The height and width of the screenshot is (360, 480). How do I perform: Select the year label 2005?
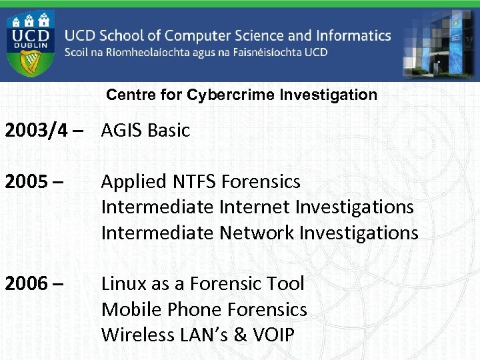(x=26, y=182)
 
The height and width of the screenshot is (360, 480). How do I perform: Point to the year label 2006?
(x=26, y=284)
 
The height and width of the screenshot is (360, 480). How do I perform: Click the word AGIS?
(x=122, y=131)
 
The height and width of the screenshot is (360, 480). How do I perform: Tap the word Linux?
(x=123, y=284)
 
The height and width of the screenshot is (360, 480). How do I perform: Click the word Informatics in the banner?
(x=344, y=35)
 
